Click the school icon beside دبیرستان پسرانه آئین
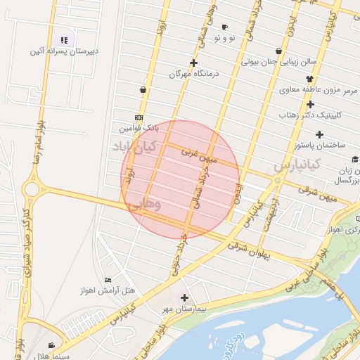coord(65,40)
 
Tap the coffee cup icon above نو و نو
coord(224,27)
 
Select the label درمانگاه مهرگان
coord(193,73)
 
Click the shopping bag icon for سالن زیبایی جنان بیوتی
coord(279,51)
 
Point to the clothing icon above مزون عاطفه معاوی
coord(309,79)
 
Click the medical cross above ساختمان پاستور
coord(319,134)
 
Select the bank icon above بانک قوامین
coord(139,118)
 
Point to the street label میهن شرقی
coord(317,194)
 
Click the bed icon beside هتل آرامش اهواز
coord(108,281)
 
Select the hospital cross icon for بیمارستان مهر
coord(184,298)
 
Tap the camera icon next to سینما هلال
coord(51,345)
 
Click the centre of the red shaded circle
coord(181,179)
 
